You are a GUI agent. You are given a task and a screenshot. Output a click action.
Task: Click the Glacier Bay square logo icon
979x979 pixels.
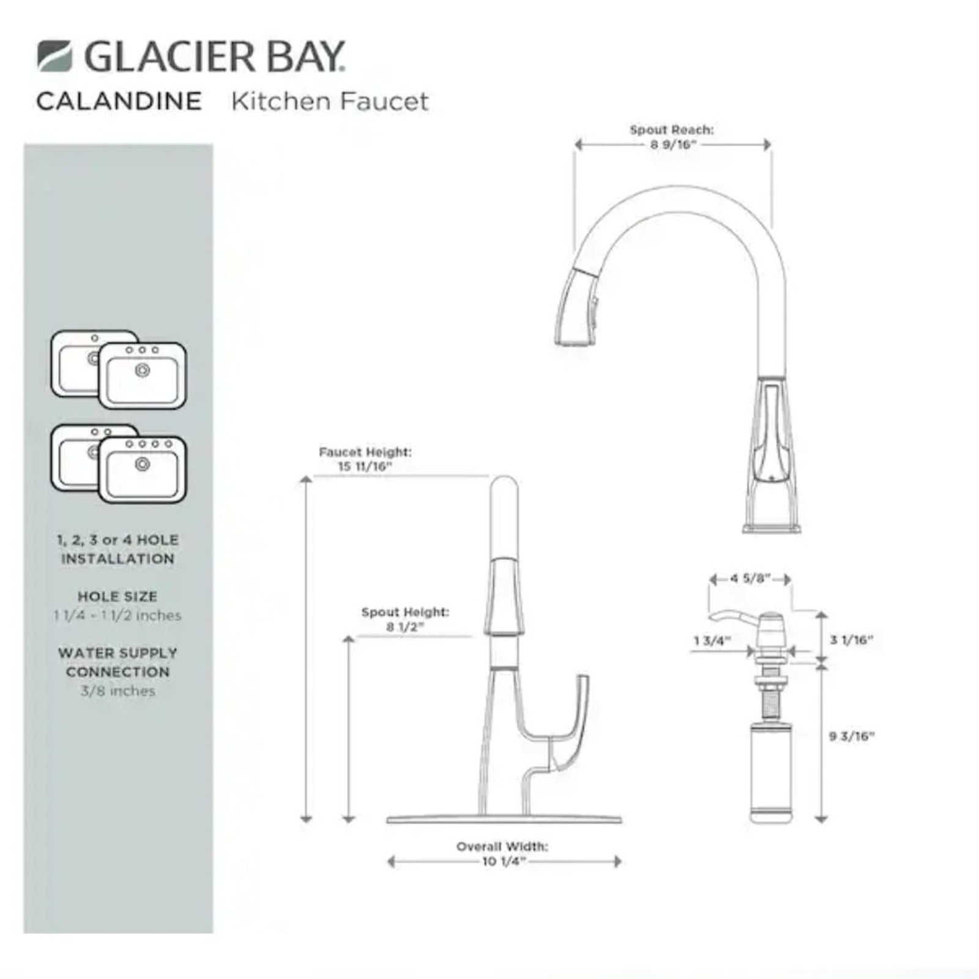[54, 56]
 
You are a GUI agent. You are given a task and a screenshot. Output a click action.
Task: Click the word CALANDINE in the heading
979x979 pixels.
[119, 102]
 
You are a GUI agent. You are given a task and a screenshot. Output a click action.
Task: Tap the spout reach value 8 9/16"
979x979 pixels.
[674, 145]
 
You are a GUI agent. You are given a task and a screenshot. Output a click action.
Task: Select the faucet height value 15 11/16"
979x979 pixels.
[365, 466]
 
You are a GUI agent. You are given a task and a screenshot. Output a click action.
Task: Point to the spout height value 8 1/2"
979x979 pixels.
[405, 627]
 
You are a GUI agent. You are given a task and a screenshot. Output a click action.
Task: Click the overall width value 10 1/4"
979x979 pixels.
[504, 862]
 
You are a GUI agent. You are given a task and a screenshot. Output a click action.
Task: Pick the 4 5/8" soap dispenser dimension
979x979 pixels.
[750, 578]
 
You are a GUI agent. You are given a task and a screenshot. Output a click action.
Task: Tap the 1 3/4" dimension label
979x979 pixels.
[712, 641]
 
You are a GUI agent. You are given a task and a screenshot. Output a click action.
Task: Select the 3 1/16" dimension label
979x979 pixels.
[851, 640]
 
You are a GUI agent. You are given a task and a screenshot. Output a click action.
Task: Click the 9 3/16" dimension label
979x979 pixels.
[852, 736]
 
